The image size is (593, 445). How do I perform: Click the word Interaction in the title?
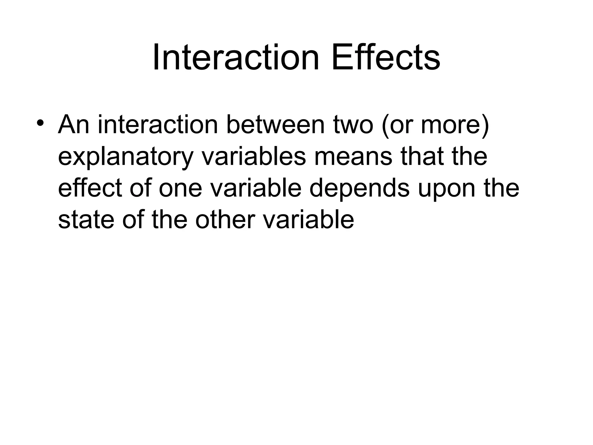pyautogui.click(x=236, y=57)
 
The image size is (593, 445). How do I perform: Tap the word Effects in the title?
pyautogui.click(x=386, y=57)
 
